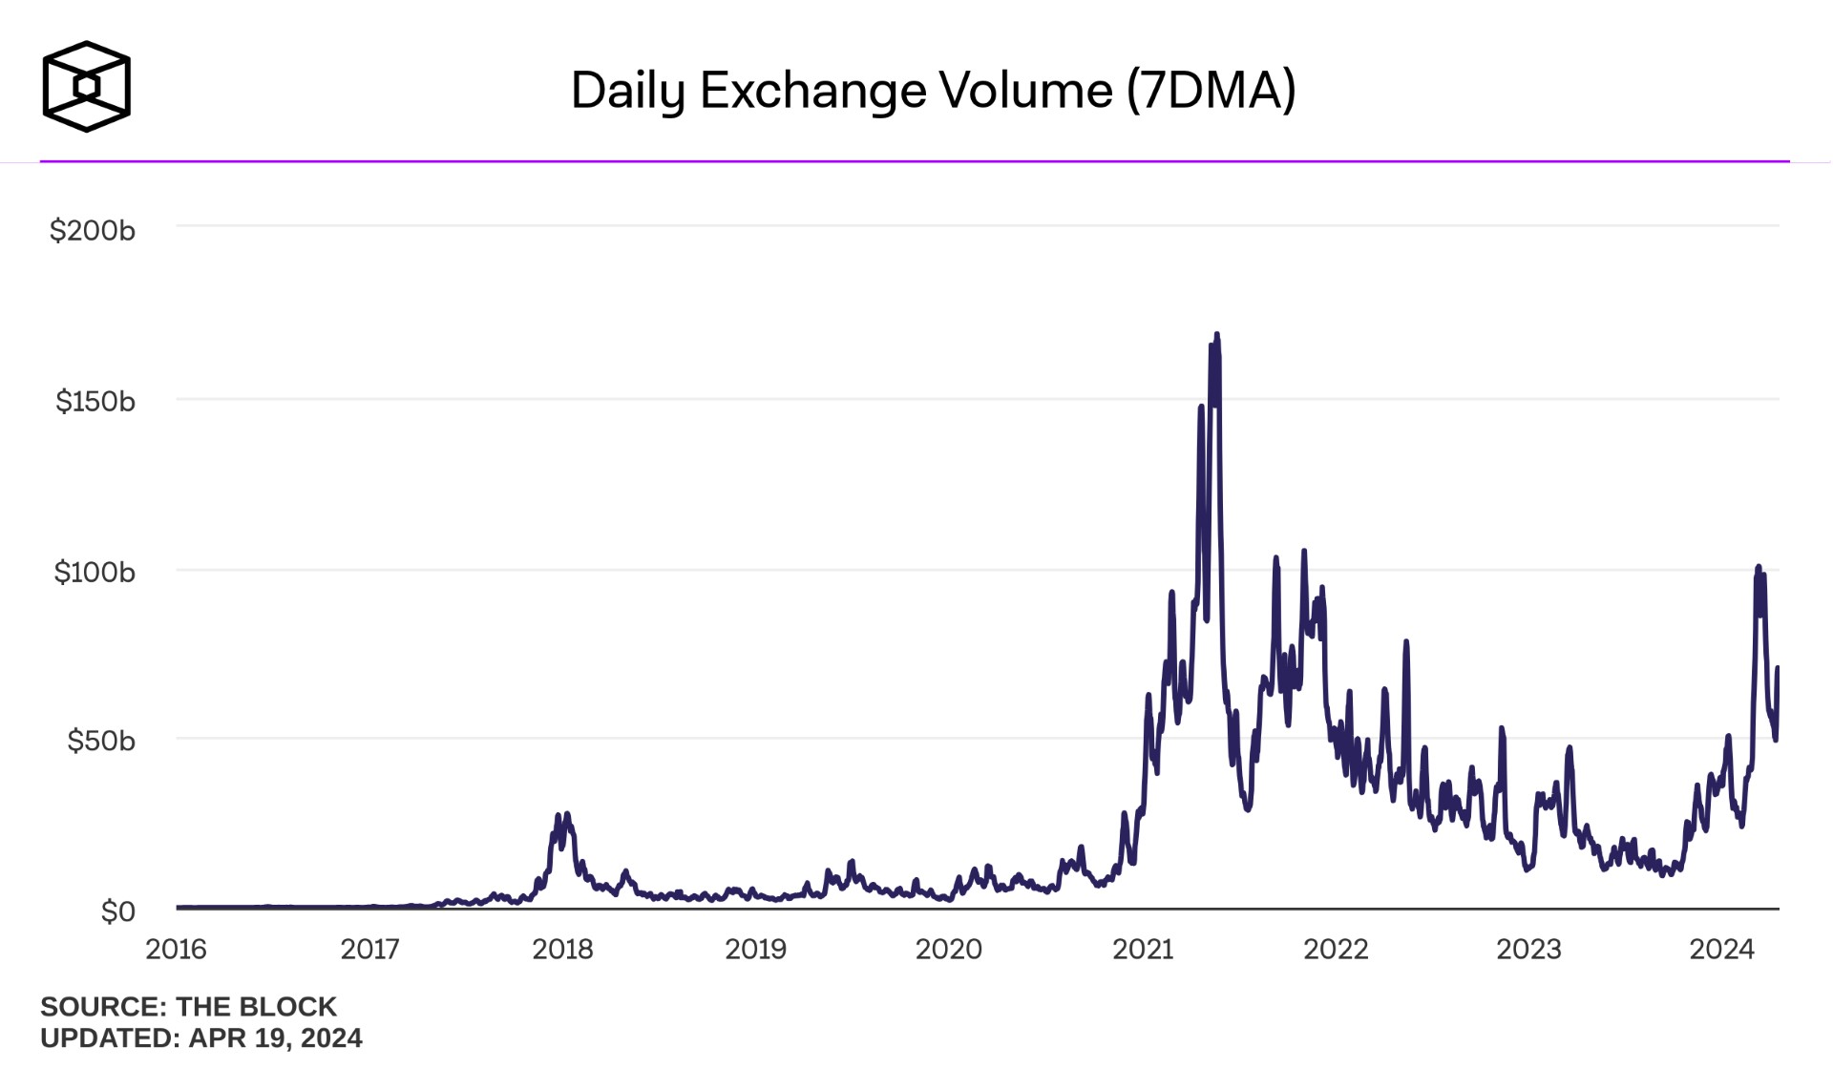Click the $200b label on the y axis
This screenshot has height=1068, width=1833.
click(x=93, y=230)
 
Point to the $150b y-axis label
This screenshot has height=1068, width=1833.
click(x=95, y=401)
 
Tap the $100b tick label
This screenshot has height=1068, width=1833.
click(x=95, y=572)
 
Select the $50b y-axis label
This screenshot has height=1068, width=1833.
click(x=101, y=741)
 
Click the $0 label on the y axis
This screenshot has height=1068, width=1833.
click(x=117, y=911)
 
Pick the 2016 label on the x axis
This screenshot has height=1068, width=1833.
click(x=176, y=949)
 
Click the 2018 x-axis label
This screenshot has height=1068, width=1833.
click(x=562, y=949)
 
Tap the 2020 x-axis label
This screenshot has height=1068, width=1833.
click(x=948, y=949)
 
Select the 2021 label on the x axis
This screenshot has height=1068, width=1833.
click(x=1143, y=949)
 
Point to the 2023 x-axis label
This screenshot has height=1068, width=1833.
click(x=1528, y=949)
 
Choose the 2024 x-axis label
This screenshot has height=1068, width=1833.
click(x=1721, y=949)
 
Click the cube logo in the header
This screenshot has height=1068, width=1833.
click(x=86, y=86)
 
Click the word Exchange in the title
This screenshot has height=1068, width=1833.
click(x=813, y=90)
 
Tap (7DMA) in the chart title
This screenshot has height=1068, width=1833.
click(x=1211, y=90)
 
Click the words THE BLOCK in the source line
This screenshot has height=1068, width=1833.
click(x=256, y=1006)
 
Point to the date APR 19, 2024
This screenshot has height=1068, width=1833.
click(x=275, y=1037)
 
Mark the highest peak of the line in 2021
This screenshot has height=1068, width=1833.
click(x=1216, y=335)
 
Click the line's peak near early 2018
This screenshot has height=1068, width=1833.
click(x=567, y=814)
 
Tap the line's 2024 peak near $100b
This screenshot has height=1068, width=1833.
click(x=1759, y=567)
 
